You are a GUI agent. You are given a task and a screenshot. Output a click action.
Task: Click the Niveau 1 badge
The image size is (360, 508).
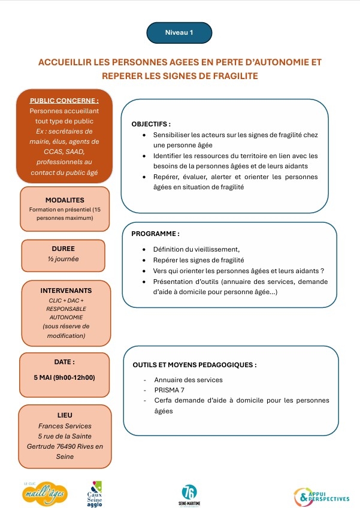(x=179, y=33)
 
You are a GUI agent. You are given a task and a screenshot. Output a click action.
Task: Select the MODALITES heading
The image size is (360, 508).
(x=65, y=200)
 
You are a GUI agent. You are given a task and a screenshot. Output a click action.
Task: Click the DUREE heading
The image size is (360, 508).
(x=63, y=248)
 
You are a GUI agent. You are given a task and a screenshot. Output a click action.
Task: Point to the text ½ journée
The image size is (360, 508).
(x=63, y=259)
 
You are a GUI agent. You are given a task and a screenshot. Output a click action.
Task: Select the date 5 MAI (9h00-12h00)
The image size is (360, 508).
(x=65, y=377)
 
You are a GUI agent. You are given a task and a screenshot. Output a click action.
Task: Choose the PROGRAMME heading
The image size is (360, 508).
(x=155, y=234)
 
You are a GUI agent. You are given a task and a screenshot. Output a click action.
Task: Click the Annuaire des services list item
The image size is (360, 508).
(x=188, y=380)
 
